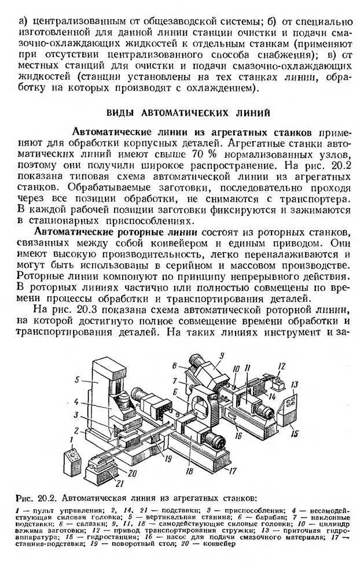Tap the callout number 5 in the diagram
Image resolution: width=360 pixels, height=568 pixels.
click(x=75, y=381)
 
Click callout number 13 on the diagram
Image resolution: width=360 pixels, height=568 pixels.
click(x=294, y=385)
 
